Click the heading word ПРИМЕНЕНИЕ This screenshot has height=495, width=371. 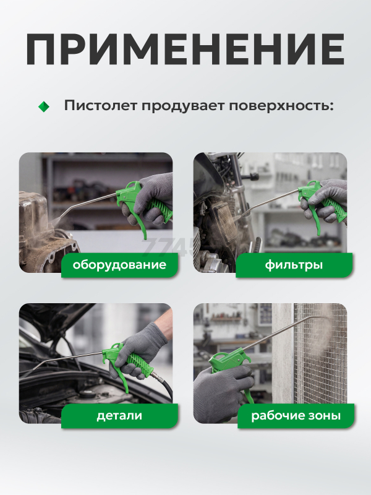click(185, 49)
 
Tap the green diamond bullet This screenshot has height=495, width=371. click(44, 106)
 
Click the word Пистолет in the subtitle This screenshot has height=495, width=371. click(101, 105)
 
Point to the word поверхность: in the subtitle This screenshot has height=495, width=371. click(281, 106)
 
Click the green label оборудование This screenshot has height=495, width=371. click(119, 265)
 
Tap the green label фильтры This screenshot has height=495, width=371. click(294, 265)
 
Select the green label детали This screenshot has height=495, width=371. click(119, 416)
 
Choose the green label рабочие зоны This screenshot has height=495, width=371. click(296, 416)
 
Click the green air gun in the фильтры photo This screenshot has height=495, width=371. click(318, 205)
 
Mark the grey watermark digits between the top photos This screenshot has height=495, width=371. click(167, 246)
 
